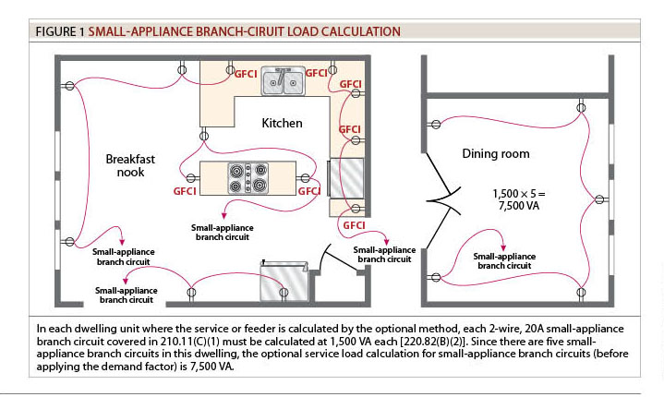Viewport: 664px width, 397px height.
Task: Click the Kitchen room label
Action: [x=282, y=124]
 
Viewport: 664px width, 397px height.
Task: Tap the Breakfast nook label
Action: [x=130, y=165]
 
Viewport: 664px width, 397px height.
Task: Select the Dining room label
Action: [x=496, y=152]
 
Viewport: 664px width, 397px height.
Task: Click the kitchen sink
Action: [x=282, y=81]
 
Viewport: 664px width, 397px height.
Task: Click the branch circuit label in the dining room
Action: [x=501, y=260]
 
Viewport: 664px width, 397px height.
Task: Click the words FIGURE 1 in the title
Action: [x=60, y=31]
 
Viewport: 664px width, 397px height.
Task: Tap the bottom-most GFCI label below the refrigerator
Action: [x=355, y=225]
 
